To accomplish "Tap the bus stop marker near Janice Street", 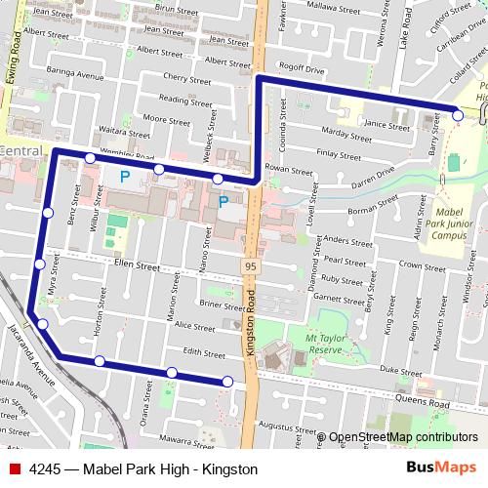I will [458, 116].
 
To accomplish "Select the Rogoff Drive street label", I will [302, 70].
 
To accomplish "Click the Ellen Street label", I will [137, 265].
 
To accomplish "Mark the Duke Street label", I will [400, 371].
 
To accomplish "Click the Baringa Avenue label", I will [76, 75].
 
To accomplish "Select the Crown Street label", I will [422, 265].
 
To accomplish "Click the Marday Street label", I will [346, 134].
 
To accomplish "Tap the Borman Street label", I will [369, 209].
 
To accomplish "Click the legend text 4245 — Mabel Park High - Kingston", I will [143, 469].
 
